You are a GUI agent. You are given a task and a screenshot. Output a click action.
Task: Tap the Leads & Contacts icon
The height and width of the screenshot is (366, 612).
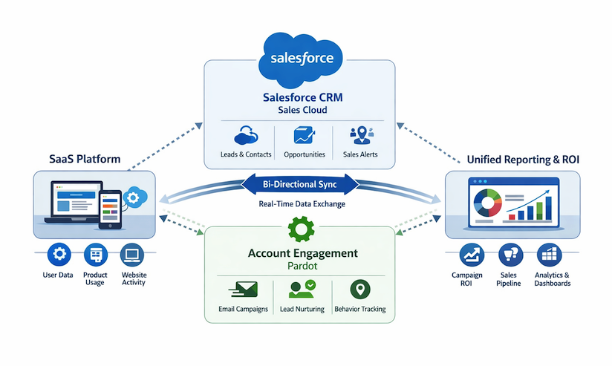246,135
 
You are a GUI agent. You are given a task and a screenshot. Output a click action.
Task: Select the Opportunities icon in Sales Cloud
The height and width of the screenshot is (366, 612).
305,135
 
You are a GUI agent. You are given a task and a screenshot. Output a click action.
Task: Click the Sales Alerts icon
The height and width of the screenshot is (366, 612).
362,134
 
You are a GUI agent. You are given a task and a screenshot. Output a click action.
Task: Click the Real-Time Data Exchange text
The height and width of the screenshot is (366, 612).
301,203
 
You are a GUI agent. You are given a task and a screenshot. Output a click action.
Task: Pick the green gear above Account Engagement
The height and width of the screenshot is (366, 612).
301,229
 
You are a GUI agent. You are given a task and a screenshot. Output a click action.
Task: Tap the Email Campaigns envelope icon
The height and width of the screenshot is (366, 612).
244,288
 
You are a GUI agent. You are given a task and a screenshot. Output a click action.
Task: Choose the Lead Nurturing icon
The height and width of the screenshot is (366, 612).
301,289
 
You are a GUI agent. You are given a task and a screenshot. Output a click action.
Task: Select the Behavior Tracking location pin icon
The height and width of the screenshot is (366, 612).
359,288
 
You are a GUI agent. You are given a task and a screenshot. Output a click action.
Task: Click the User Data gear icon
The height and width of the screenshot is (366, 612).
57,255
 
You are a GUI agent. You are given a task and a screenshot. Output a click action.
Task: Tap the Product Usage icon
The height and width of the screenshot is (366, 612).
96,255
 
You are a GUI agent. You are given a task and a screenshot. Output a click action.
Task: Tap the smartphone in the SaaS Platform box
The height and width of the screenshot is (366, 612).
110,207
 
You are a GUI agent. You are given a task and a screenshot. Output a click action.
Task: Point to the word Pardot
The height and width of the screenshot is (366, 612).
301,266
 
